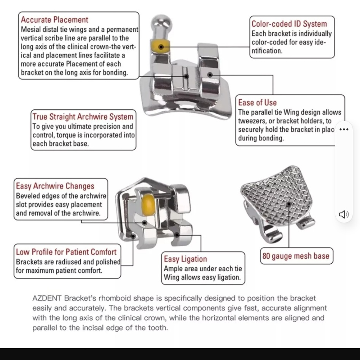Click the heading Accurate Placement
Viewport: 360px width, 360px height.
pos(54,20)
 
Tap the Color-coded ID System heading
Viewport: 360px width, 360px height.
pos(289,24)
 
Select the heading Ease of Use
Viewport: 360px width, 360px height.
pos(257,102)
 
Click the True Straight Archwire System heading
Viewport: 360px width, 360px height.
pos(83,117)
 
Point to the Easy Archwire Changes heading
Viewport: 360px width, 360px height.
pos(55,186)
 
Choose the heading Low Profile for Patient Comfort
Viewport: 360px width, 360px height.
pos(66,252)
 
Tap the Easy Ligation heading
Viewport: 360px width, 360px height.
pos(185,259)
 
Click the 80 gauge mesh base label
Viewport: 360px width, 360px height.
pos(296,256)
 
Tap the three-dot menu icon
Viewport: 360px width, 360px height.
pos(344,129)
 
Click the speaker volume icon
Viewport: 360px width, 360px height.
pos(344,214)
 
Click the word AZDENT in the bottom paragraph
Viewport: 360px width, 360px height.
pos(47,298)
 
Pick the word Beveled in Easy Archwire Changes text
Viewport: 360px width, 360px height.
pos(28,196)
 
